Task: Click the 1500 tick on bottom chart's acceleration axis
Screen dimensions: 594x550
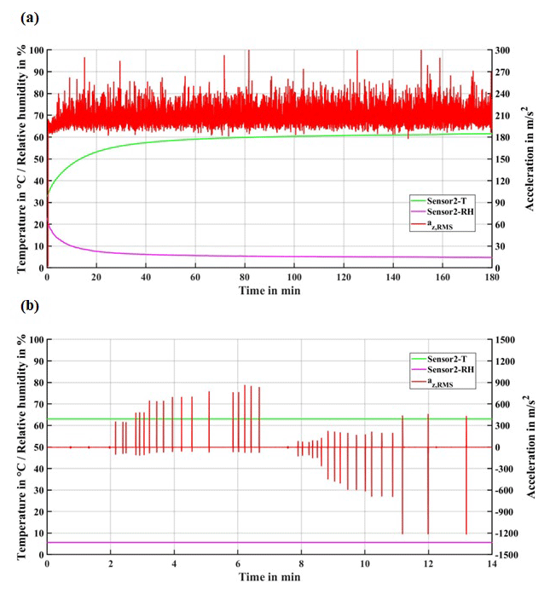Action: pos(507,339)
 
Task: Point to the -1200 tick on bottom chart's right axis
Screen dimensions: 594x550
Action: pos(509,533)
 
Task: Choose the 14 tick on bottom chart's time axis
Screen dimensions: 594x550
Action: pos(491,564)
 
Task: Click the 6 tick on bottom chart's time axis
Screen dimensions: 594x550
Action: pos(237,564)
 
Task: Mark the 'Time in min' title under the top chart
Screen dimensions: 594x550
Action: pos(269,290)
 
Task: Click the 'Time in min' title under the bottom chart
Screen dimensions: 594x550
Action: pos(269,577)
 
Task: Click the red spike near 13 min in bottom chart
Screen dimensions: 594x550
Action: pos(466,474)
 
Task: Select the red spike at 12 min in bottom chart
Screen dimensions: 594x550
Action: pos(428,474)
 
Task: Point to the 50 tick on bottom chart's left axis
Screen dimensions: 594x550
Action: pos(37,447)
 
